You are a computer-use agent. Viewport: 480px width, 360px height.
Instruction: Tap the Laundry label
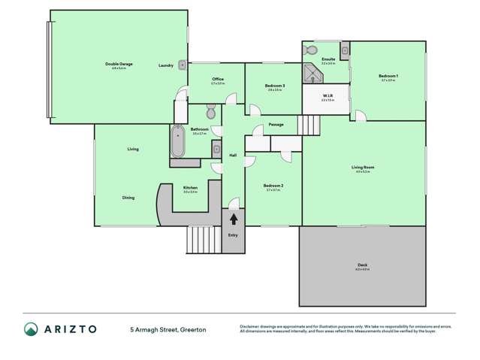(166, 65)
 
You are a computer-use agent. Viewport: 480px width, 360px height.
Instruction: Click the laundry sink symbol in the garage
(182, 65)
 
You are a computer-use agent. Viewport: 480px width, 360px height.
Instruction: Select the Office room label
(218, 79)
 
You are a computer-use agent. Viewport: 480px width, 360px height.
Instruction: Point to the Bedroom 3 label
(274, 86)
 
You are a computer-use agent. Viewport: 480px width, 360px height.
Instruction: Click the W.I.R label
(327, 96)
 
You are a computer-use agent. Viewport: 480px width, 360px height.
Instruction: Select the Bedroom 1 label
(388, 76)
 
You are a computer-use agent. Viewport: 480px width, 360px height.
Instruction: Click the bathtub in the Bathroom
(178, 142)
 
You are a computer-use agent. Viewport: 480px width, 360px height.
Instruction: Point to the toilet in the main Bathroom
(211, 114)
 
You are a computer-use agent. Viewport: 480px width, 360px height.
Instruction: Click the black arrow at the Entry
(234, 219)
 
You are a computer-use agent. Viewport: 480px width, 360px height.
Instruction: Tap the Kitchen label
(190, 188)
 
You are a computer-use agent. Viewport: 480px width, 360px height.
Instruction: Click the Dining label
(128, 198)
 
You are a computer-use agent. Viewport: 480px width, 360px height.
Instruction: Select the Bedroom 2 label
(273, 186)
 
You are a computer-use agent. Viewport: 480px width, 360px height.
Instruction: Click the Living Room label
(363, 168)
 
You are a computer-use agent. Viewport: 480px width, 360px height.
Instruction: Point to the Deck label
(363, 265)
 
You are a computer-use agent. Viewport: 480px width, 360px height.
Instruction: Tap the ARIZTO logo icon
(31, 329)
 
